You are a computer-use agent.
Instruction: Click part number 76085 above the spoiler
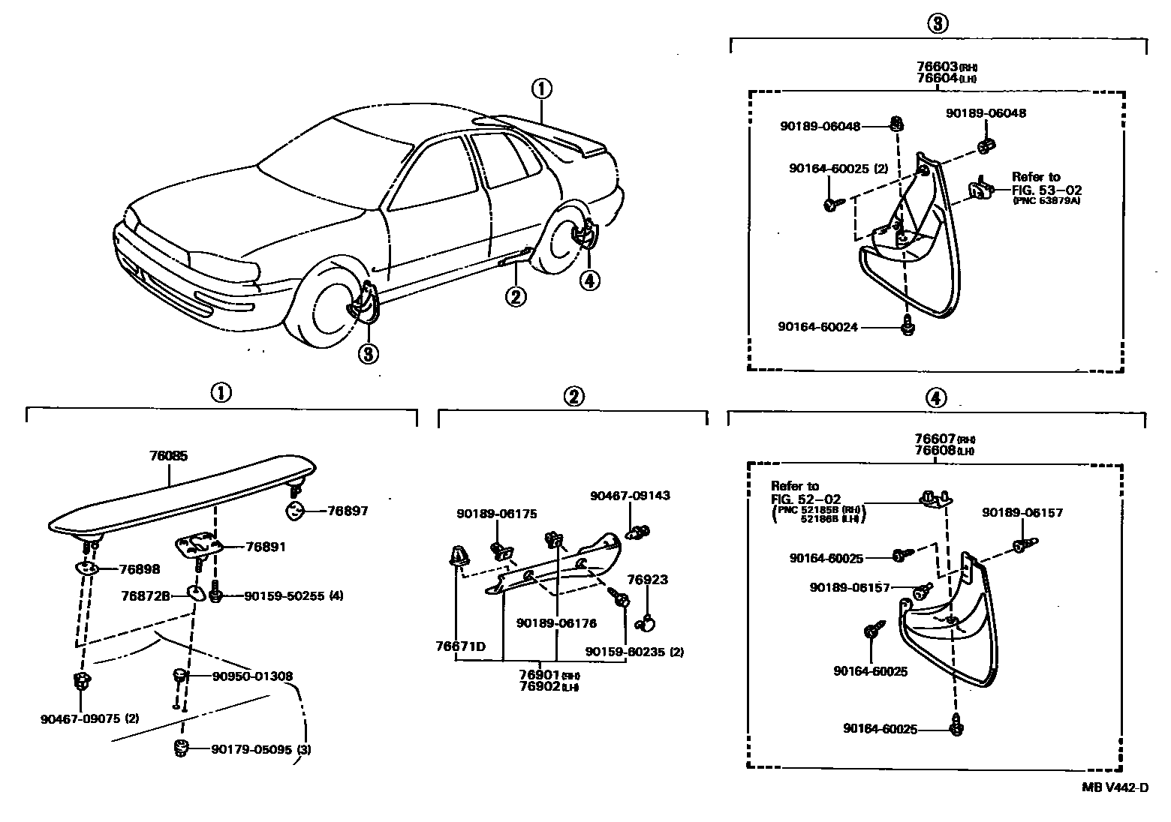(x=168, y=455)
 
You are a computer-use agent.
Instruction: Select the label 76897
(x=348, y=511)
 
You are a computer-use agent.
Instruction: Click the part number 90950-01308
(x=252, y=676)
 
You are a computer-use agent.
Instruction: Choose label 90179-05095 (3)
(x=261, y=748)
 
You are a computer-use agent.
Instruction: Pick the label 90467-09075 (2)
(x=89, y=718)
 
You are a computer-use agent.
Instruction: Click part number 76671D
(x=460, y=646)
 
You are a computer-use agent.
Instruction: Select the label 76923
(x=647, y=580)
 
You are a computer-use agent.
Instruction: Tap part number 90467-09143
(x=630, y=496)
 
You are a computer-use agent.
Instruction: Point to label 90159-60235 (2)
(x=634, y=652)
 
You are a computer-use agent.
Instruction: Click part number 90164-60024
(x=817, y=327)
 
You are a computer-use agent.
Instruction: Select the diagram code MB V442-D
(x=1115, y=787)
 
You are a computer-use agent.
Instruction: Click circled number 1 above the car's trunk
(x=542, y=89)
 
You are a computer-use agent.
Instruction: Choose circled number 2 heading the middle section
(x=573, y=397)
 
